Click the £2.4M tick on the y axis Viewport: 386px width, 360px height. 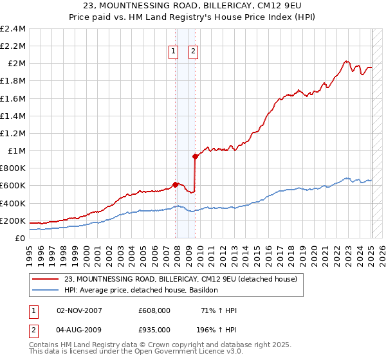click(14, 29)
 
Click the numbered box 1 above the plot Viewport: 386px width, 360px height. click(174, 53)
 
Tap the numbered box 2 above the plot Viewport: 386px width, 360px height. click(193, 53)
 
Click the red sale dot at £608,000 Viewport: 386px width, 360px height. click(175, 185)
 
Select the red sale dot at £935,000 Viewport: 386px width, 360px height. click(195, 156)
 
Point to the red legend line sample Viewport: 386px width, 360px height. click(45, 280)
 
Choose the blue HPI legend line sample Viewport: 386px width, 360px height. click(45, 291)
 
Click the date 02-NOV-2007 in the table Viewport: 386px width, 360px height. click(80, 310)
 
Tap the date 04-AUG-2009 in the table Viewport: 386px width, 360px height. click(80, 331)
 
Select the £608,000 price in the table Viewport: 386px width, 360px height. click(154, 310)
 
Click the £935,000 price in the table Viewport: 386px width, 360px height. click(154, 331)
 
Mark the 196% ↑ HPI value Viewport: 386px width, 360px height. click(217, 331)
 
